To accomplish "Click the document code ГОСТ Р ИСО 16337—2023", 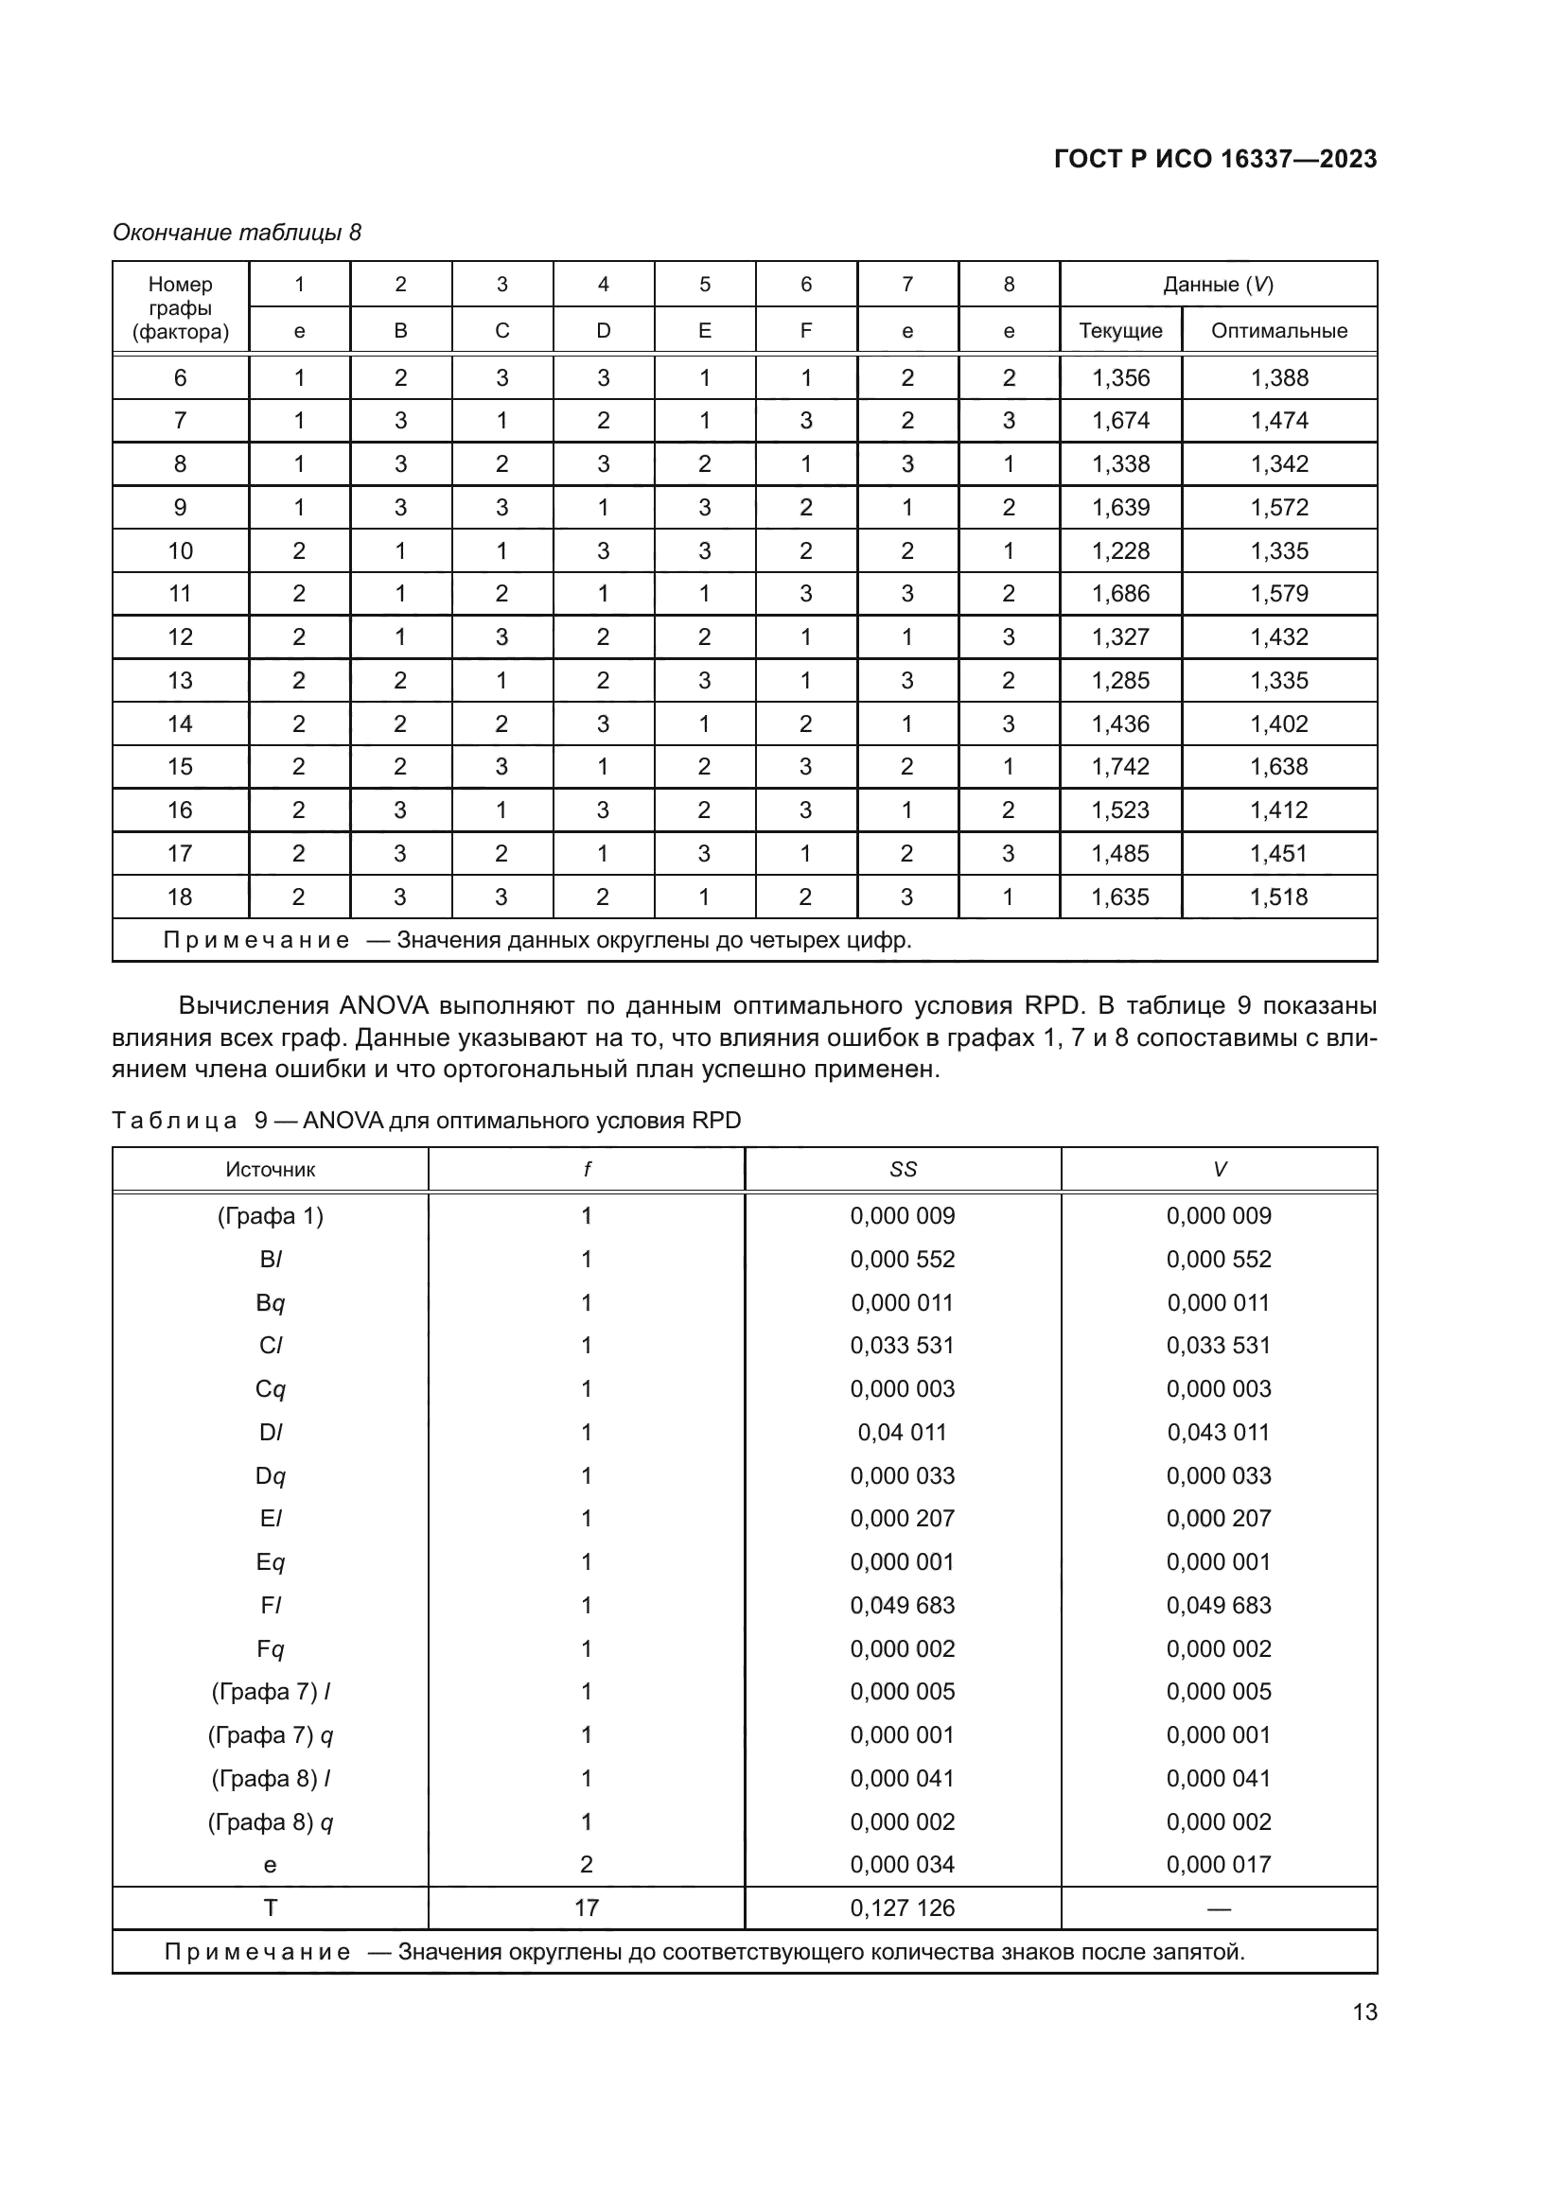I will pos(1215,159).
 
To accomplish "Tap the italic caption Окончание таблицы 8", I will pos(237,233).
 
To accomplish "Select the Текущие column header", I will pos(1119,330).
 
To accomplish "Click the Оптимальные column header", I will pos(1279,330).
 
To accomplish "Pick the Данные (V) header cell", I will pos(1218,285).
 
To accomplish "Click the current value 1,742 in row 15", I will pos(1119,767).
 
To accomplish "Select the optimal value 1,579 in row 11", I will pos(1279,594).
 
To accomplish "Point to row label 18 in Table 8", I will pos(180,897).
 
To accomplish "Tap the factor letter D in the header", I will pos(604,330).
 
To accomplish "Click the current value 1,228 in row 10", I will pos(1119,551).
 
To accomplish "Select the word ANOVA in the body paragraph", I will pos(383,1006).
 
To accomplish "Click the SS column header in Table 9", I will pos(903,1170).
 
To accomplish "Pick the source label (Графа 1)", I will pos(270,1216).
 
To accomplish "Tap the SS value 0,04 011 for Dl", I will pos(902,1433).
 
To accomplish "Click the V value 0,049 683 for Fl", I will pos(1218,1606).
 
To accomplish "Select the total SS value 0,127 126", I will pos(902,1908).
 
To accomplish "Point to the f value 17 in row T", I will pos(586,1908).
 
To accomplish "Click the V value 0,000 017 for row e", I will pos(1218,1864).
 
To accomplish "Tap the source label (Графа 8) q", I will pos(270,1821).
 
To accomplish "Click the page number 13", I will pos(1364,2012).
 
